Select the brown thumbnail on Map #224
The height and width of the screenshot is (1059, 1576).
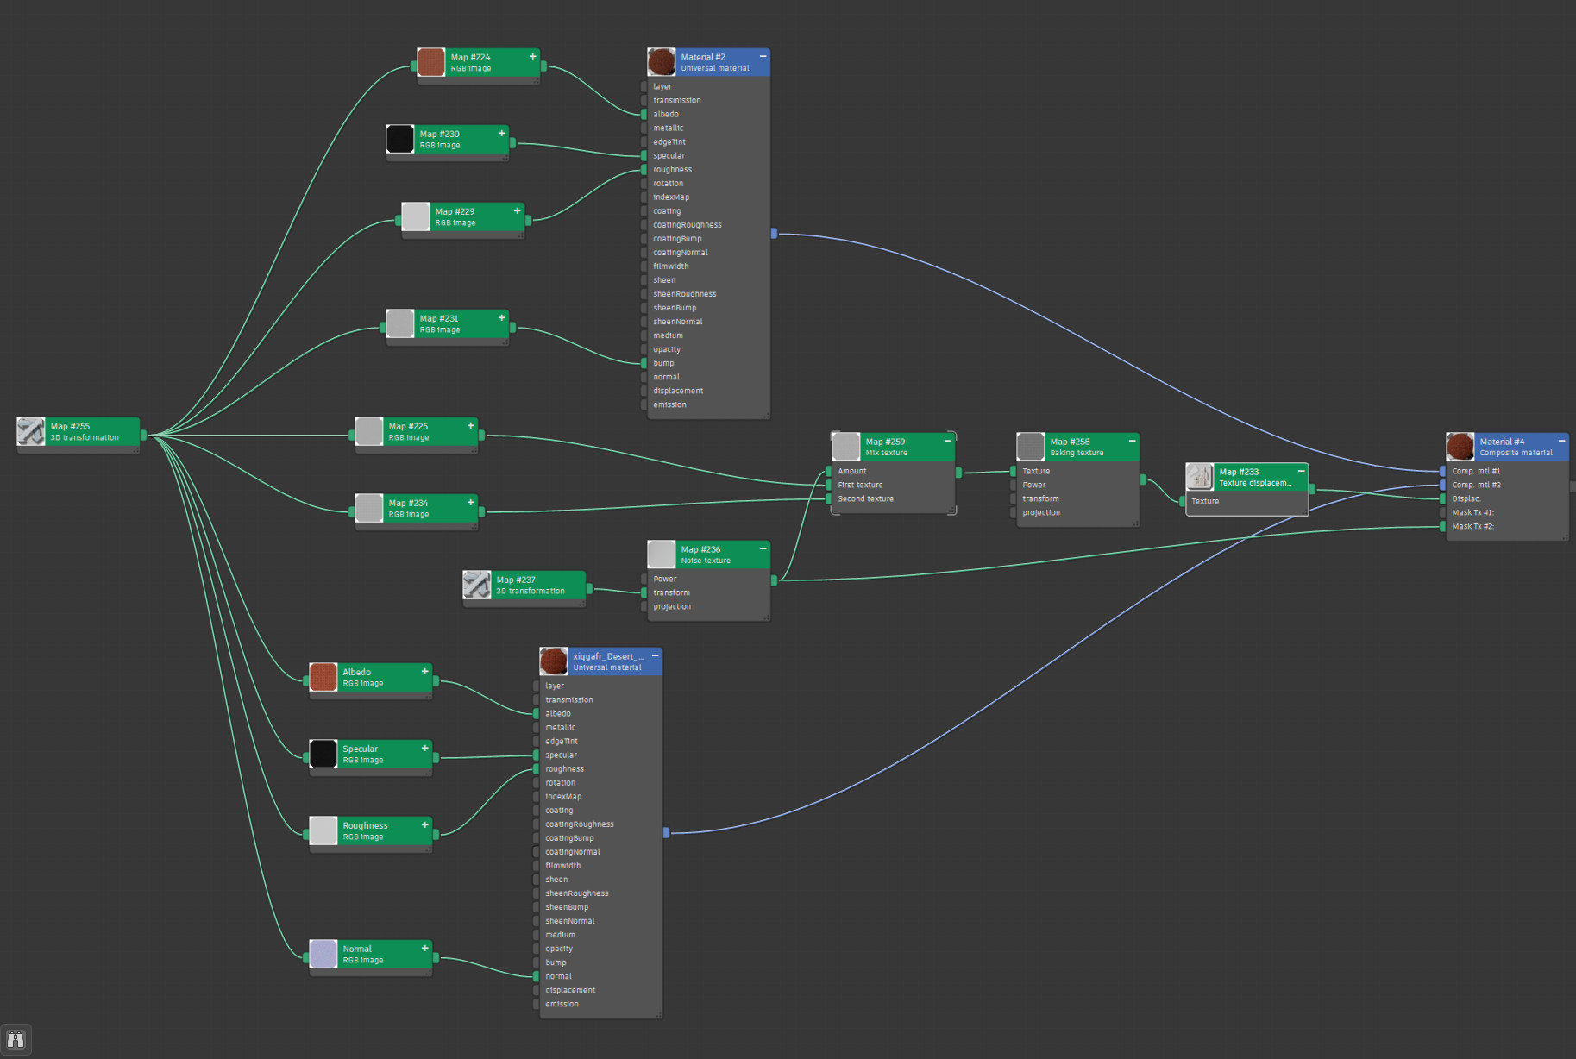pyautogui.click(x=430, y=62)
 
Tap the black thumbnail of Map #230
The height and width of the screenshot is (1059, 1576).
pyautogui.click(x=399, y=139)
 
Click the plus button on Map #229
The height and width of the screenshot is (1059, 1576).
pyautogui.click(x=517, y=210)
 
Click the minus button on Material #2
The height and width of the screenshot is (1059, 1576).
pyautogui.click(x=763, y=56)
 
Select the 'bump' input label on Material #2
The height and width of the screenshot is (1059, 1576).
pyautogui.click(x=663, y=363)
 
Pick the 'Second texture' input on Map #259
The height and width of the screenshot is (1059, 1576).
pyautogui.click(x=865, y=498)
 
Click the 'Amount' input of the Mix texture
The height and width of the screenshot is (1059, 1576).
pyautogui.click(x=851, y=471)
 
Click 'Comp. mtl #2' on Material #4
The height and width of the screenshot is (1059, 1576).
pyautogui.click(x=1476, y=485)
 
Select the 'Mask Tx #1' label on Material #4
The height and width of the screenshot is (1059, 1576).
pyautogui.click(x=1472, y=512)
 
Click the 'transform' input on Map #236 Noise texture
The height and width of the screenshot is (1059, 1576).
pyautogui.click(x=671, y=592)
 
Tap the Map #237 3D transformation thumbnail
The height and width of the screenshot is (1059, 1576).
pyautogui.click(x=477, y=585)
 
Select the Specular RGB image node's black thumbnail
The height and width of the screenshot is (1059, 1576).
pyautogui.click(x=323, y=754)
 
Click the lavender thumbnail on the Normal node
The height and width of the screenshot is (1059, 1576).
pyautogui.click(x=323, y=954)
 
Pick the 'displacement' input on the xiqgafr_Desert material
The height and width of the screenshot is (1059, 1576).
pyautogui.click(x=570, y=990)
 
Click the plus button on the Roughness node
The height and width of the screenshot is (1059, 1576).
pyautogui.click(x=424, y=824)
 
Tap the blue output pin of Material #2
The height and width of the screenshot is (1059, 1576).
pyautogui.click(x=774, y=233)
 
